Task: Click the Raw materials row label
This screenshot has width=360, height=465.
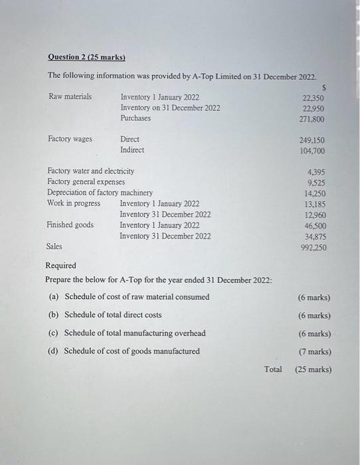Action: [70, 97]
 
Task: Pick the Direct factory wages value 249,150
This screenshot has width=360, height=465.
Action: [312, 140]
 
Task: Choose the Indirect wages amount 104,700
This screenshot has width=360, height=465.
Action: [312, 151]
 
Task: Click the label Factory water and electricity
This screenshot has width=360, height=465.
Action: [90, 171]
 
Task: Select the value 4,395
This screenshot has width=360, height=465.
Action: [316, 171]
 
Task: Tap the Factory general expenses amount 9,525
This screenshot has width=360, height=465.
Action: [316, 182]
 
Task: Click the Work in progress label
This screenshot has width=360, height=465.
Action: [74, 203]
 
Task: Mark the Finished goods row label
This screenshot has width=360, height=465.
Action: [70, 225]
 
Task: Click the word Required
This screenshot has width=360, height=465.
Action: [60, 266]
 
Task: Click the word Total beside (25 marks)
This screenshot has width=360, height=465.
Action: [273, 369]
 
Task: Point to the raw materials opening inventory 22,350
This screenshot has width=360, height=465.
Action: [313, 98]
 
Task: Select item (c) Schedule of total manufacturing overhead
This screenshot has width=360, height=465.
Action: [127, 333]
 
